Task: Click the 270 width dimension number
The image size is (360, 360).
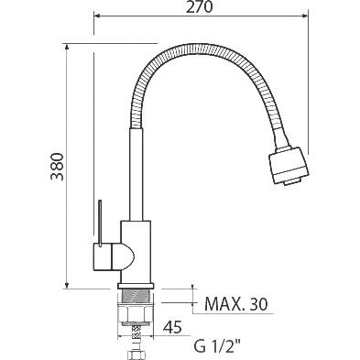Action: pyautogui.click(x=199, y=6)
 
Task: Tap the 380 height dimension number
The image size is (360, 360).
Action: pyautogui.click(x=58, y=167)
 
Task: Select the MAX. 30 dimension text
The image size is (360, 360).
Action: pyautogui.click(x=236, y=303)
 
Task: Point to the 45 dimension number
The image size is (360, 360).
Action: pyautogui.click(x=172, y=327)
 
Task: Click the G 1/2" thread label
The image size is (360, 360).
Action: pyautogui.click(x=217, y=346)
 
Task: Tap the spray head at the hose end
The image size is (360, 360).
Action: pyautogui.click(x=289, y=165)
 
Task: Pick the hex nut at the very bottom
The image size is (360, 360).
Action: pyautogui.click(x=136, y=355)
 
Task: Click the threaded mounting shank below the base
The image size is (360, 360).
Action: pyautogui.click(x=136, y=296)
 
